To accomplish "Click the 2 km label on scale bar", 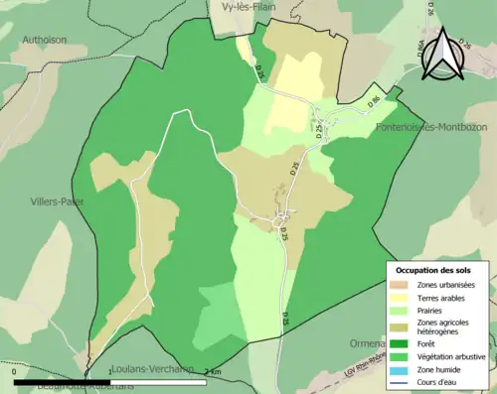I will (x=213, y=372).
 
